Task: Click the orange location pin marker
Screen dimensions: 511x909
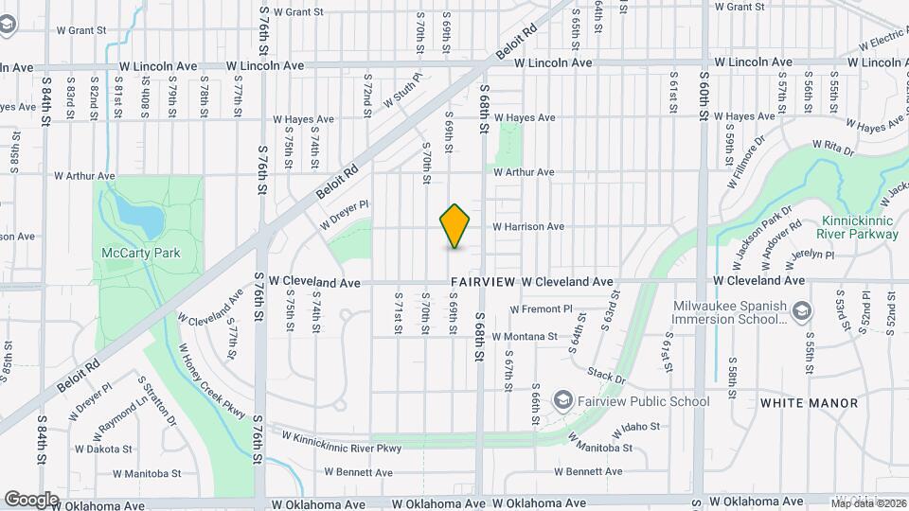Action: click(455, 226)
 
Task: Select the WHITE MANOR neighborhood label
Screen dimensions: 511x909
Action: click(809, 403)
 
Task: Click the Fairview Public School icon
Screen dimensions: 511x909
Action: click(564, 401)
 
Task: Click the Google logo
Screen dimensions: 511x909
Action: click(32, 499)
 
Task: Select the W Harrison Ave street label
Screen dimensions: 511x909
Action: click(528, 227)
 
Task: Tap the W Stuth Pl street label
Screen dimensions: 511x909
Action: click(401, 90)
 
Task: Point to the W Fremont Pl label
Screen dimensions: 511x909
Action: click(542, 309)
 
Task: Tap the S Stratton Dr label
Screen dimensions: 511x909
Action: click(157, 402)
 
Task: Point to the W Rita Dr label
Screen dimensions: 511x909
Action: click(833, 148)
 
